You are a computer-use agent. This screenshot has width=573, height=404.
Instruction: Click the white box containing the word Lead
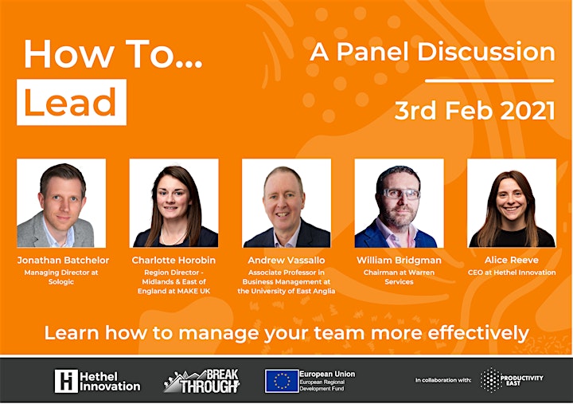(x=72, y=102)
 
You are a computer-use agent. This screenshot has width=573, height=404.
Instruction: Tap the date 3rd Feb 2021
(x=474, y=111)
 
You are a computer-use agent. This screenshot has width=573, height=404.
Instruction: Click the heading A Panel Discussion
(x=433, y=52)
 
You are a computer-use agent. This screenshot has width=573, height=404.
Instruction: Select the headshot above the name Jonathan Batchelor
(x=61, y=203)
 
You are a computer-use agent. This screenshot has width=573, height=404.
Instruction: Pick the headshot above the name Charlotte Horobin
(x=174, y=203)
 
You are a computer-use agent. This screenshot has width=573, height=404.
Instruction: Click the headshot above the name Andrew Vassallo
(x=286, y=203)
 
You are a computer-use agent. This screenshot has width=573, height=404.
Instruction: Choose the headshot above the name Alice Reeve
(x=512, y=203)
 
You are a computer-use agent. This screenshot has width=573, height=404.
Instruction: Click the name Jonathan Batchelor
(x=63, y=261)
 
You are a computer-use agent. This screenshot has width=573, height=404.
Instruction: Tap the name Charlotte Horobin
(x=173, y=261)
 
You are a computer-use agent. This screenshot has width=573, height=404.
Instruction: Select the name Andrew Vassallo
(x=286, y=261)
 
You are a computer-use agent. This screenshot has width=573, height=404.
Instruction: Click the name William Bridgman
(x=399, y=261)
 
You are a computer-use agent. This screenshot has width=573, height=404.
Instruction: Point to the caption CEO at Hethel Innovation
(x=512, y=273)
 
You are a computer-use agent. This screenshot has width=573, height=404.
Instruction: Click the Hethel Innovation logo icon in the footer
(x=66, y=381)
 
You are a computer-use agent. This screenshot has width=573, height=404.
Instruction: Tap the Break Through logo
(x=201, y=381)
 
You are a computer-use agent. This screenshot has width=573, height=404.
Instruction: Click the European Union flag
(x=282, y=381)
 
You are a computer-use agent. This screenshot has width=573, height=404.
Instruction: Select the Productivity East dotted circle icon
(x=490, y=380)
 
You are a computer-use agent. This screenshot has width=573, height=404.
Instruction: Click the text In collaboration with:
(x=443, y=380)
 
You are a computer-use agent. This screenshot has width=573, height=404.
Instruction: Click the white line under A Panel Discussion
(x=489, y=80)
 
